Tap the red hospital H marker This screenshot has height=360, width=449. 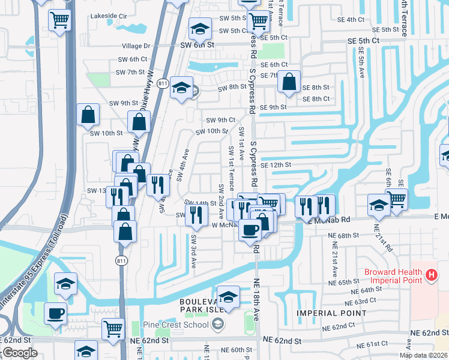pos(430,276)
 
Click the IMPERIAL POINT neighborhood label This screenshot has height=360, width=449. pos(331,313)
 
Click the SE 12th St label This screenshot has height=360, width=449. pos(276,164)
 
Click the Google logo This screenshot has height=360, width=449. pos(20,353)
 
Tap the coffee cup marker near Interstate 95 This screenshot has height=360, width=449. pos(56,313)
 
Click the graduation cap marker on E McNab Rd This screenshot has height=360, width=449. pos(379,205)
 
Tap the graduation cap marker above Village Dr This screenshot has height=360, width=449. pos(200,28)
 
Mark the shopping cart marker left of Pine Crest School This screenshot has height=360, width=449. pos(113,329)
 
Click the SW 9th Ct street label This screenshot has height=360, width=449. pos(220,120)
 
